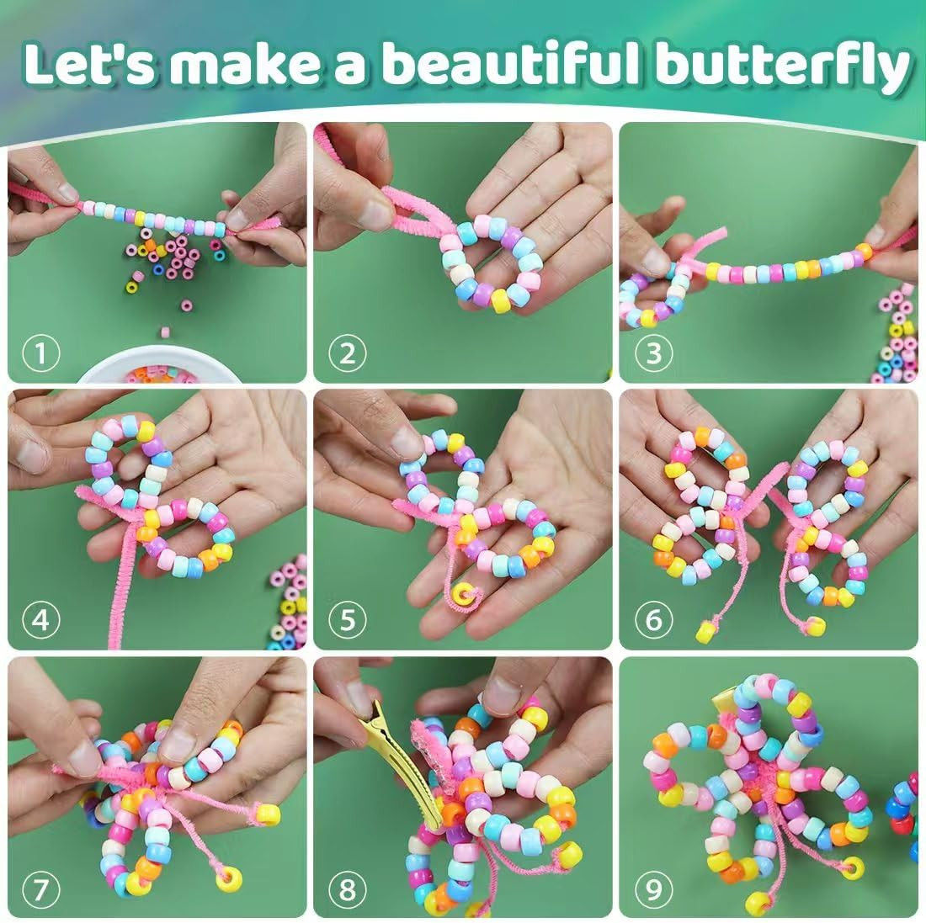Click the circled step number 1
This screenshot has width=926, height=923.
[x=40, y=353]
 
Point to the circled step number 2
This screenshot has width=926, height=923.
[x=347, y=353]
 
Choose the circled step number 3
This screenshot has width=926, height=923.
[x=653, y=353]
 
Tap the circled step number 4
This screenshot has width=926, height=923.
[x=40, y=620]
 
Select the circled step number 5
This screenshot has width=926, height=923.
[x=347, y=620]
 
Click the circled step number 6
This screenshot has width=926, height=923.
[x=653, y=620]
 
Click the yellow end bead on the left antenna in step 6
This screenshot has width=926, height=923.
[x=705, y=632]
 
